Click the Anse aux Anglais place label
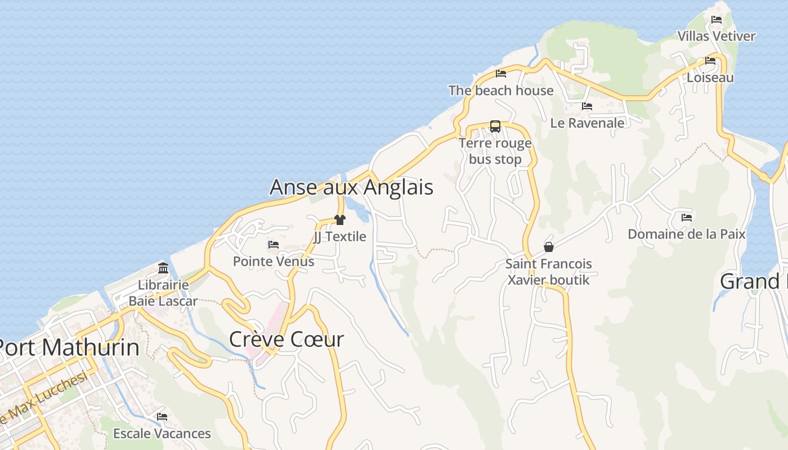(351, 187)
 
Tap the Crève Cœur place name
(286, 339)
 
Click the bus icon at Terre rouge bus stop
(495, 127)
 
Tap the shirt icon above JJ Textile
(340, 220)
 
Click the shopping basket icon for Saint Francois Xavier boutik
(549, 247)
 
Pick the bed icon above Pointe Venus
(274, 245)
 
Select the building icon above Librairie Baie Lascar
(163, 268)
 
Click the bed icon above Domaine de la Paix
(686, 217)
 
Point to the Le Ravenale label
(587, 123)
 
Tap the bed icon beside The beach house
(501, 74)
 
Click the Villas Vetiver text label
(716, 36)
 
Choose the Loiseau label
(710, 78)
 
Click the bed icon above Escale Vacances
(162, 417)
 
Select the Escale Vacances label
(162, 434)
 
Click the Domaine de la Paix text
(686, 234)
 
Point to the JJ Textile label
(340, 237)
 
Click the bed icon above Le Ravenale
(587, 106)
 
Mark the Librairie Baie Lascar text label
(163, 293)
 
